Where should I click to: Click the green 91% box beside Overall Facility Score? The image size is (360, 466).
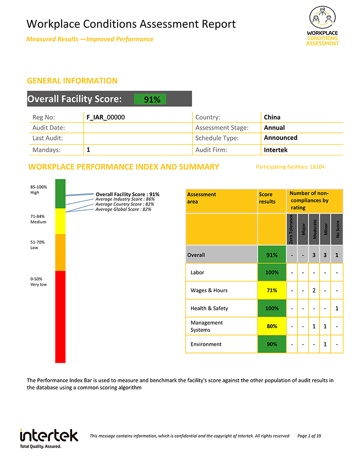[x=150, y=99]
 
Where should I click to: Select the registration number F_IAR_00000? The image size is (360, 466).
[x=105, y=118]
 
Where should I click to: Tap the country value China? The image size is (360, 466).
[x=272, y=118]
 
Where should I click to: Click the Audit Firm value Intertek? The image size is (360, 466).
[x=275, y=150]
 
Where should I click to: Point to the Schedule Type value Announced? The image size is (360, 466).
[x=280, y=138]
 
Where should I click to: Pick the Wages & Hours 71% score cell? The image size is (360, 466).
[x=272, y=290]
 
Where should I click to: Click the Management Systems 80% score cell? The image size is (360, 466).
[x=272, y=326]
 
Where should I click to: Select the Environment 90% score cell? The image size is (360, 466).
[x=272, y=344]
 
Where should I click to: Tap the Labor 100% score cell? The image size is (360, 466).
[x=272, y=272]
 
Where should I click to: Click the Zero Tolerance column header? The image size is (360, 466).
[x=292, y=229]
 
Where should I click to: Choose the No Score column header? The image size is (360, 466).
[x=337, y=229]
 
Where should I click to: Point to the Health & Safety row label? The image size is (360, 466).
[x=209, y=308]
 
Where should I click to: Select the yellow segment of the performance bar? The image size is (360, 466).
[x=60, y=221]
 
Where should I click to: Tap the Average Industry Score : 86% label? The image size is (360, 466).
[x=125, y=199]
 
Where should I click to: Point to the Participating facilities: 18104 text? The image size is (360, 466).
[x=290, y=167]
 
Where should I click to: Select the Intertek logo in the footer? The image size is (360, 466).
[x=49, y=437]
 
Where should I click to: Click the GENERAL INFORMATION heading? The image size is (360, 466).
[x=72, y=81]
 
